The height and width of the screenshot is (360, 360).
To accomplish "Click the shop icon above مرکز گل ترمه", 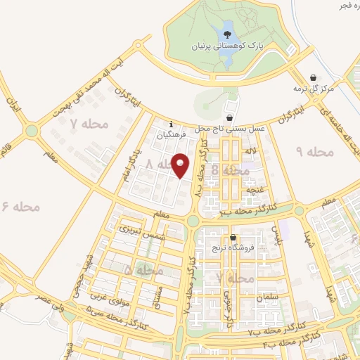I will (313, 77).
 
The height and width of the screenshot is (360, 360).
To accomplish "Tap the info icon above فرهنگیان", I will (170, 124).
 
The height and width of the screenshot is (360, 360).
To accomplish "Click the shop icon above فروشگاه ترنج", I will (232, 238).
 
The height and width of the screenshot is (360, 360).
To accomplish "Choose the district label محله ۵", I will (143, 270).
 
